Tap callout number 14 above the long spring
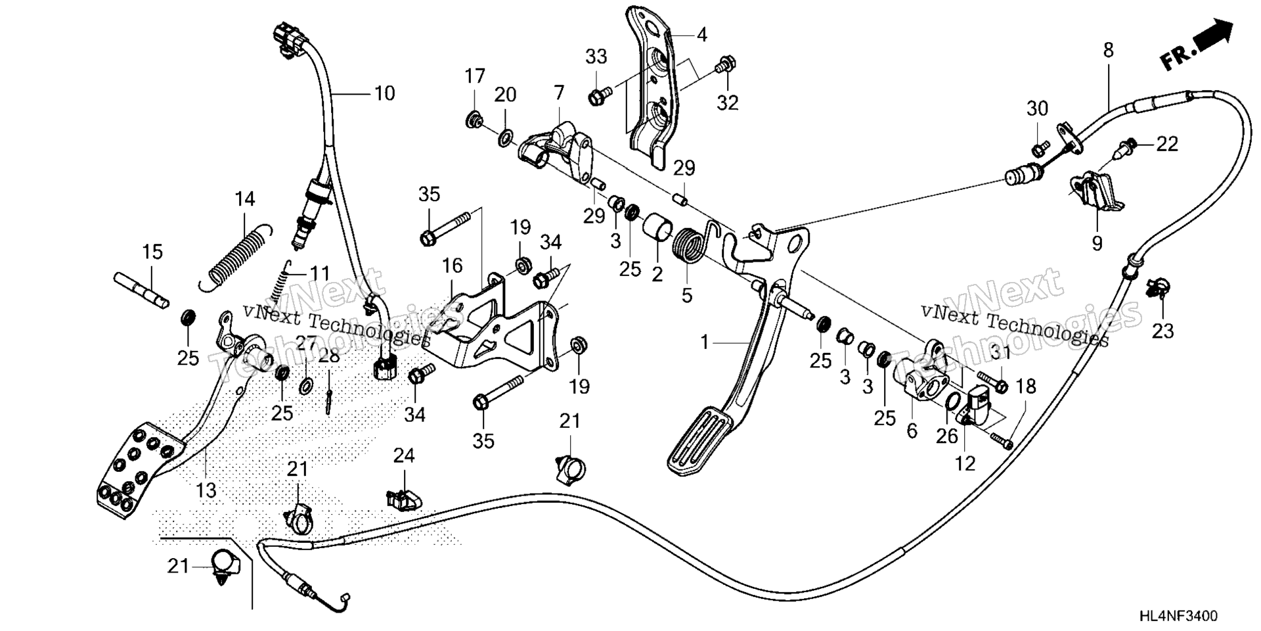(x=244, y=199)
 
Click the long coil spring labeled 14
(x=235, y=257)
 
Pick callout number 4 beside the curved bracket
(x=702, y=34)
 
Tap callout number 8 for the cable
(x=1109, y=50)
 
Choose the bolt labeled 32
(x=724, y=64)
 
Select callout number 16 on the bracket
(x=453, y=266)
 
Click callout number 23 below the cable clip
(x=1162, y=331)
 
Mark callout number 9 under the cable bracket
(x=1097, y=243)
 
